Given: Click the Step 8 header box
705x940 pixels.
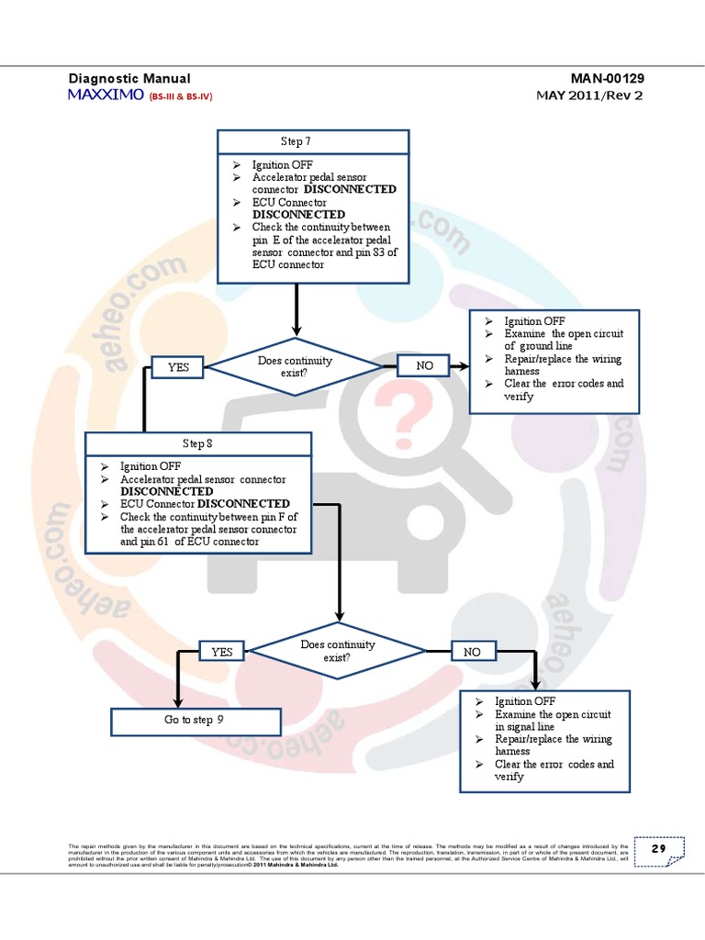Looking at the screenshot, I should tap(197, 443).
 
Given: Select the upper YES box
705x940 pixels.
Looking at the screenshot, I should tap(178, 367).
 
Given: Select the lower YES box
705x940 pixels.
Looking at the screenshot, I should tap(222, 652).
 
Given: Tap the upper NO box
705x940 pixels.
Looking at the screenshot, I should tap(424, 366).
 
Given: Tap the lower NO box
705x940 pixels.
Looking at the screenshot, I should tap(472, 652).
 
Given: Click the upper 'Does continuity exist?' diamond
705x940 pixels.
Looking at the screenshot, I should tap(296, 367).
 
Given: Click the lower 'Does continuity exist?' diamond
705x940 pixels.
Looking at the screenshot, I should tap(338, 651).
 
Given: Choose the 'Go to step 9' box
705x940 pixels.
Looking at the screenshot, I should tap(195, 721).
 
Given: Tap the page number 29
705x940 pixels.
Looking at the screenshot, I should tap(658, 849).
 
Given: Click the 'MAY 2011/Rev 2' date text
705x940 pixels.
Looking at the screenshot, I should tap(590, 95).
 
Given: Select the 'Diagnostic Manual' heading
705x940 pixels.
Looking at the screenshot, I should tap(129, 79).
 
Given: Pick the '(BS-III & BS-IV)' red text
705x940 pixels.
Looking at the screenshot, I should tap(181, 96).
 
